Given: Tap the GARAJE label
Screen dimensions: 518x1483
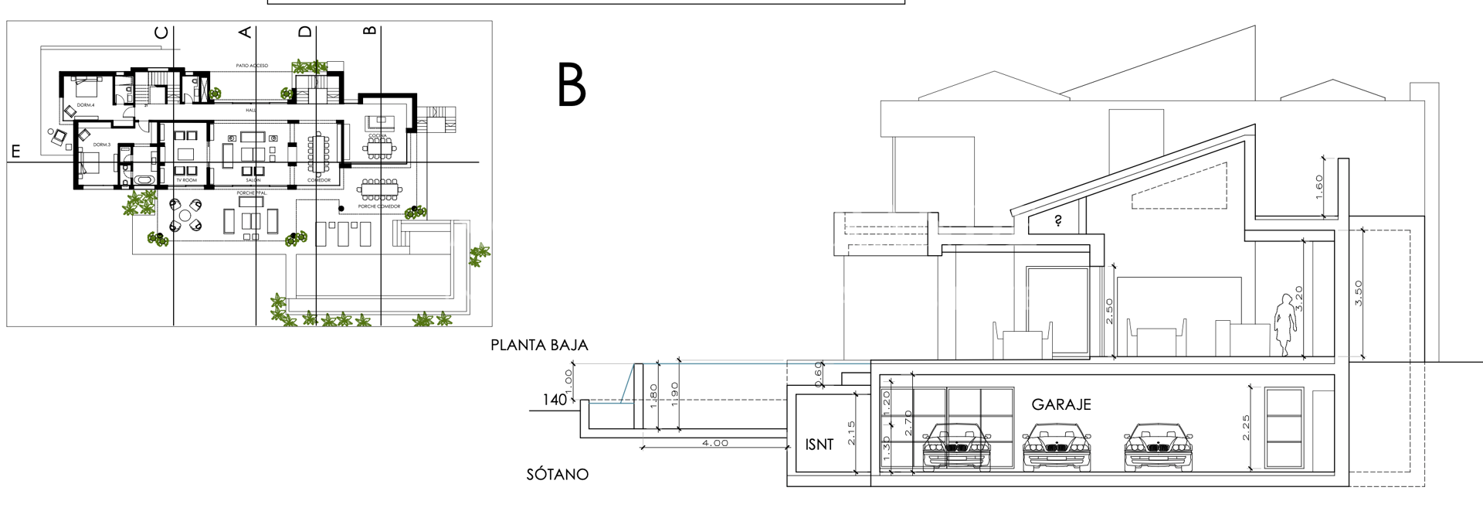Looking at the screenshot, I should coord(1061,404).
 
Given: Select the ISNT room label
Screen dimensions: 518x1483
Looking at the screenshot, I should coord(820,445).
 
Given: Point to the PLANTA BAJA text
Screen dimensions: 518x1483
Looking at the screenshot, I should coord(539,346).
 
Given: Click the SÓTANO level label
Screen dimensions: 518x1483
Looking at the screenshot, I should coord(557,475).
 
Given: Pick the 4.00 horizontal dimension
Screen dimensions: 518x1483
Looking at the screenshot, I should coord(714,443).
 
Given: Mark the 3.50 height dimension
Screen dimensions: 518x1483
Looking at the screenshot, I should coord(1359,293).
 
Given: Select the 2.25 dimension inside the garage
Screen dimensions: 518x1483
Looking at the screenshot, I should coord(1246,428).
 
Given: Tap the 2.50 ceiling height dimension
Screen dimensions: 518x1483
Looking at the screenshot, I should coord(1109,311).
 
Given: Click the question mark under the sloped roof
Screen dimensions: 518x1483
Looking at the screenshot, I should coord(1058,221).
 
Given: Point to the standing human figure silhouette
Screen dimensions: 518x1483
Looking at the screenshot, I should coord(1284,324).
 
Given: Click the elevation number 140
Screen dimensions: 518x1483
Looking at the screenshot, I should coord(555,400).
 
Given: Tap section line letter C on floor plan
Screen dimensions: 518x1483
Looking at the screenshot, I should coord(161,32).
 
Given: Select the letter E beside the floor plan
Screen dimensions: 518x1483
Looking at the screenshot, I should coord(15,152).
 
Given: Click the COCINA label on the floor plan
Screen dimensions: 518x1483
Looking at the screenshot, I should coord(378,136).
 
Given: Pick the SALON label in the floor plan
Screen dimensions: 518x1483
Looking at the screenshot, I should coord(253,180).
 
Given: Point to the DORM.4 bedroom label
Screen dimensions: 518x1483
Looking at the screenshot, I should coord(86,105).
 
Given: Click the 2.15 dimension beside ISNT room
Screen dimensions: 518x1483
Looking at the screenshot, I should coord(850,433).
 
